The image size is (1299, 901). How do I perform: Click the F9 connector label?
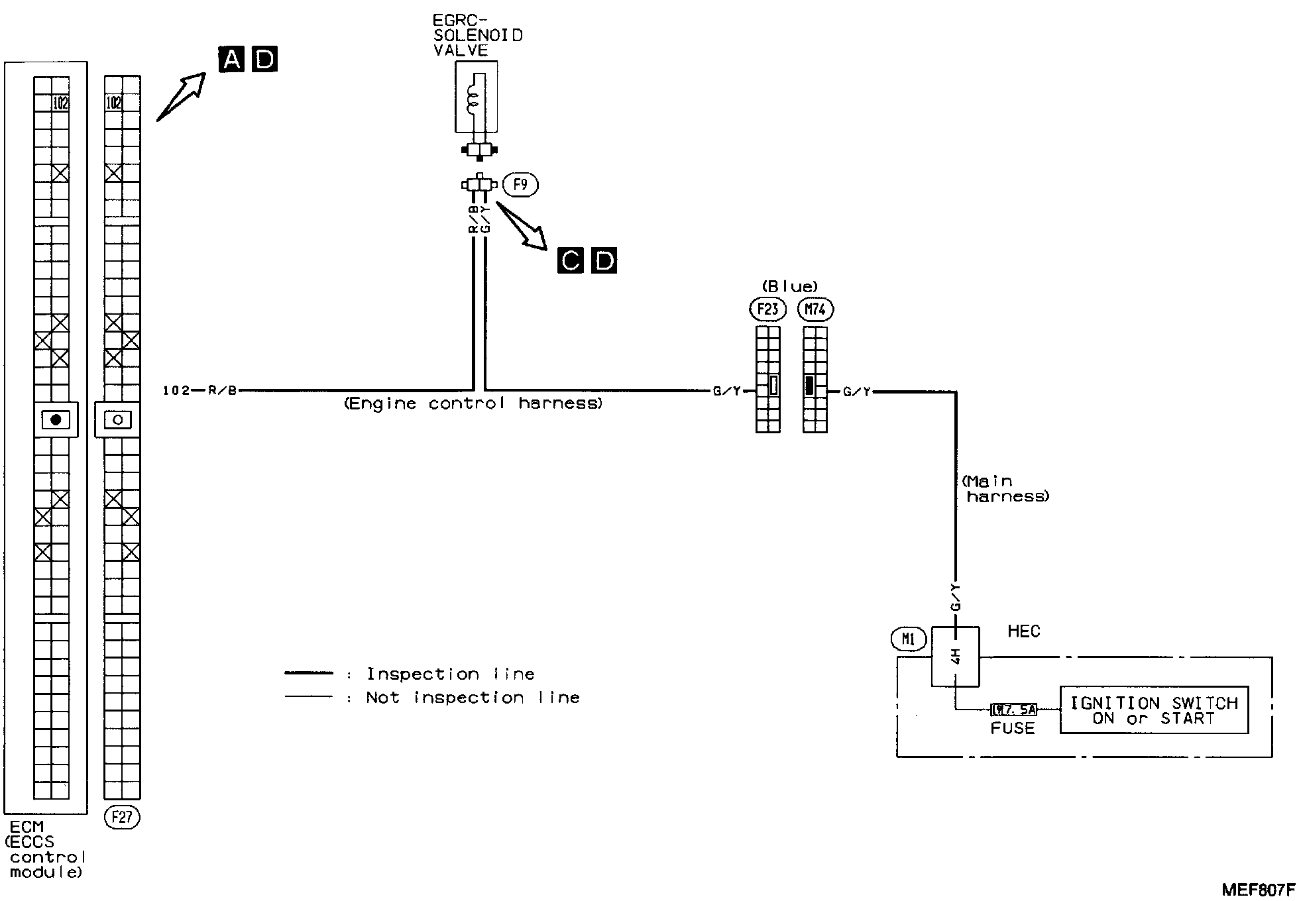pyautogui.click(x=520, y=184)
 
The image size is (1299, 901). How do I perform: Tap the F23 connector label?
pyautogui.click(x=767, y=309)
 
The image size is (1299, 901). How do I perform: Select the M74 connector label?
pyautogui.click(x=816, y=309)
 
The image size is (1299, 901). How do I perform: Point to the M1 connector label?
pyautogui.click(x=908, y=639)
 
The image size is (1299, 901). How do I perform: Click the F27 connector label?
pyautogui.click(x=123, y=818)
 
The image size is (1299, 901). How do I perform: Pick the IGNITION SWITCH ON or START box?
pyautogui.click(x=1154, y=710)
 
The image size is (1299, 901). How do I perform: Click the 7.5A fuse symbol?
pyautogui.click(x=1013, y=710)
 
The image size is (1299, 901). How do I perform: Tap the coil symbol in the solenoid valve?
pyautogui.click(x=473, y=97)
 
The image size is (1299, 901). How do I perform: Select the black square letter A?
pyautogui.click(x=231, y=60)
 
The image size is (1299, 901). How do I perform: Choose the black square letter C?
pyautogui.click(x=570, y=260)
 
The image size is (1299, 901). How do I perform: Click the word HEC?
pyautogui.click(x=1023, y=631)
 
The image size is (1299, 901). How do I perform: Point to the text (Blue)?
pyautogui.click(x=789, y=287)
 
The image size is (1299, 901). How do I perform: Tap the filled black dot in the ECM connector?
pyautogui.click(x=56, y=419)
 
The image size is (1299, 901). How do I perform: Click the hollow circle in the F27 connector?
pyautogui.click(x=118, y=419)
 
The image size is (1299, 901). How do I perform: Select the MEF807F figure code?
pyautogui.click(x=1257, y=889)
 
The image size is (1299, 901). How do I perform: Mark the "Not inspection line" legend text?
pyautogui.click(x=473, y=698)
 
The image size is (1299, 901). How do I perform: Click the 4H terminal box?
pyautogui.click(x=955, y=657)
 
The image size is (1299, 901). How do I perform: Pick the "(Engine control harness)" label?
pyautogui.click(x=473, y=403)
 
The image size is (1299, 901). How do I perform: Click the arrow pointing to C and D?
pyautogui.click(x=522, y=227)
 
